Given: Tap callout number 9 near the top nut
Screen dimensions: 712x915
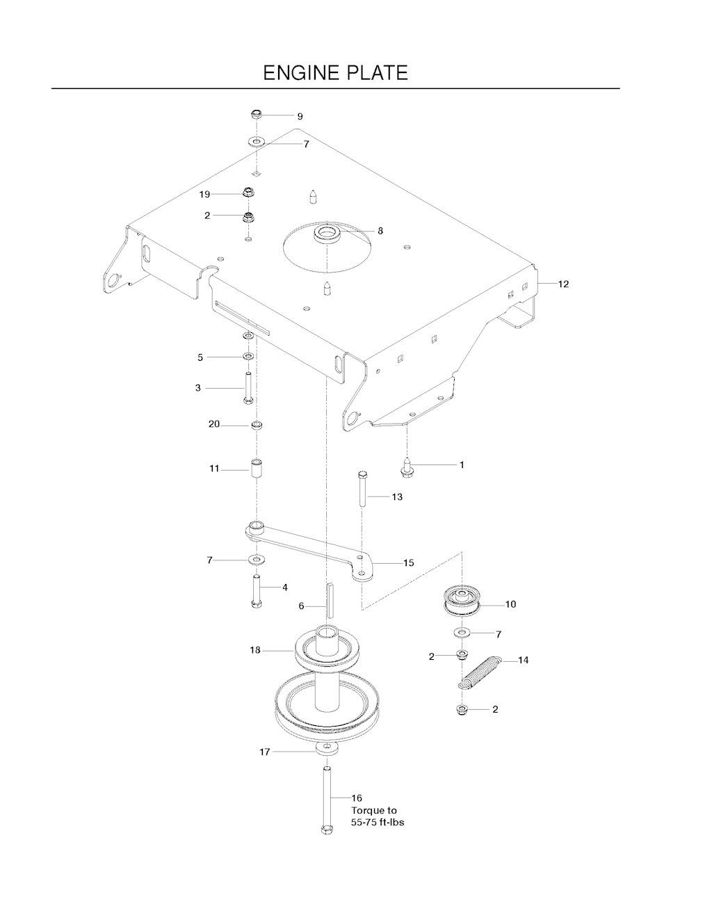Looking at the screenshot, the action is [x=300, y=116].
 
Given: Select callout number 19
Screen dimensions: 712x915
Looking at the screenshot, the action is [x=204, y=194].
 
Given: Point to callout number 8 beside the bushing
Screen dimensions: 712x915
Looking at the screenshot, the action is [x=380, y=231].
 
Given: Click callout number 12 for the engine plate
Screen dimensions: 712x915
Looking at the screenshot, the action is [x=563, y=284].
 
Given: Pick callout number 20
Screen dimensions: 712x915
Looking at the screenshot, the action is [x=214, y=424].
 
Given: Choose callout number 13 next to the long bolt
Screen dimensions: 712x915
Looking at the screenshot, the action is [x=397, y=497].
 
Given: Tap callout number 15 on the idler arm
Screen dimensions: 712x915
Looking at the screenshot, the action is [x=408, y=562].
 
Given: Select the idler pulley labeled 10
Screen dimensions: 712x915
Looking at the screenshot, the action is [x=462, y=604].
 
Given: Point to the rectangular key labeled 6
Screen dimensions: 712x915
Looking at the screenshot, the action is [x=330, y=601].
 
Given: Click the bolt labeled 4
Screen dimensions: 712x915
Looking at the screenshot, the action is [x=257, y=591].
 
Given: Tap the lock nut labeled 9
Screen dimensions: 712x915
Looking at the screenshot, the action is [x=257, y=114].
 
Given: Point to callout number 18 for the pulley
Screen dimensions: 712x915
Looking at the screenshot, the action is [x=255, y=650].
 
